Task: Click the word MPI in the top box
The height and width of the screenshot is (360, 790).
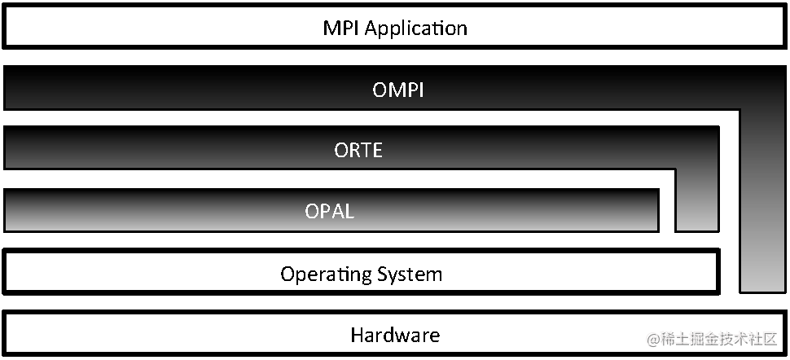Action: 341,29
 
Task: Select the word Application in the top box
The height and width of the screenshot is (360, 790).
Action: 415,29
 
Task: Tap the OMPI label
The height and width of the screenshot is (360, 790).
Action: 398,90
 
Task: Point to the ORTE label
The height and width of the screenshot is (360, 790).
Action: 358,151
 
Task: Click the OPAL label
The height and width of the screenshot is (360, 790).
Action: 330,212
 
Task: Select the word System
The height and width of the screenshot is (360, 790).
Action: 411,274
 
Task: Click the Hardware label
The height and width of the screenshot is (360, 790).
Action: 395,335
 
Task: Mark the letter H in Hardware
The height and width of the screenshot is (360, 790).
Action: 357,335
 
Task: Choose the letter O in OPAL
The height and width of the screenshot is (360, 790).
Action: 312,212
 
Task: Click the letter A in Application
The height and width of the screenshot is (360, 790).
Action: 371,29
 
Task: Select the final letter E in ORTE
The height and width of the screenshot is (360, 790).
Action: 376,151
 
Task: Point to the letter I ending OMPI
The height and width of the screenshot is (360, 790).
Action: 420,90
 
